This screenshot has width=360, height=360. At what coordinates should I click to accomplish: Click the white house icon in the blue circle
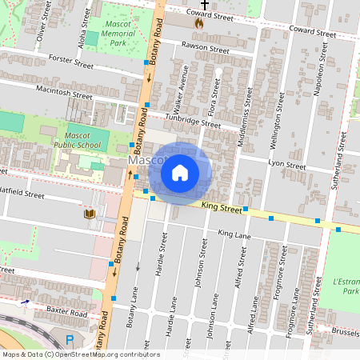[x=180, y=172]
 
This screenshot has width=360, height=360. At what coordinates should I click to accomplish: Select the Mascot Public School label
[x=77, y=140]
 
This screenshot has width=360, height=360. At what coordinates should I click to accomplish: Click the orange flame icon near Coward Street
[x=198, y=23]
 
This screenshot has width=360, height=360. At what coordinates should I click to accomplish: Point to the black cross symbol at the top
[x=205, y=5]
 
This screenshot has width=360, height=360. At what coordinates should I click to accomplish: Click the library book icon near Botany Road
[x=89, y=214]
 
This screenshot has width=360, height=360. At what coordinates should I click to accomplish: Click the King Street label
[x=222, y=208]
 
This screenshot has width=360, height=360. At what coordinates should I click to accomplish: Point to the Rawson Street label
[x=206, y=48]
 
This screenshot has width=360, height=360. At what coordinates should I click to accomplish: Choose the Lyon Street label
[x=287, y=165]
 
